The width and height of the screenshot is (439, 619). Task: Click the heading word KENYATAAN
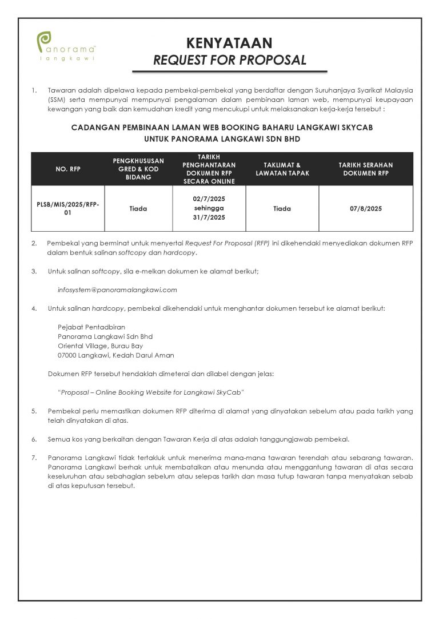229,43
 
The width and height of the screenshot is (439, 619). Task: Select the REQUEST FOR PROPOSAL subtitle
229,59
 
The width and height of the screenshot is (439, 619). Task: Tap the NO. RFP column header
68,169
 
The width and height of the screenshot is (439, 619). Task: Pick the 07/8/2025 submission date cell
366,209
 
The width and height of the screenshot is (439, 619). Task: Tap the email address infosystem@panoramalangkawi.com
117,289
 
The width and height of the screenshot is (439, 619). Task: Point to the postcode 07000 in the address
67,355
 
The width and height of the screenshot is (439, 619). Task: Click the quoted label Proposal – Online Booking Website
151,392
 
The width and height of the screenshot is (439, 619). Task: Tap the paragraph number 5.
34,411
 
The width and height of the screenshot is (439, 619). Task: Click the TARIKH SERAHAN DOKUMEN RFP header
366,169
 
